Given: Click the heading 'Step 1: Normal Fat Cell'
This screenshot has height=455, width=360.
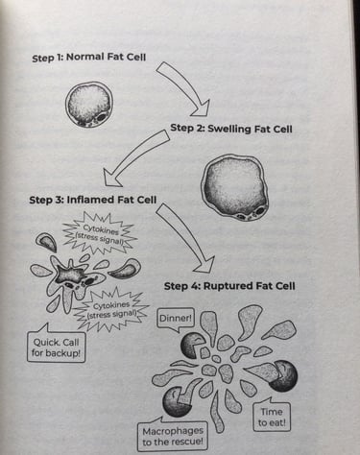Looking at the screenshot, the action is [x=89, y=58].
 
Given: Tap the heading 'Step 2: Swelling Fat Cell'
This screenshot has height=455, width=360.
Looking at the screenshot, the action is [x=231, y=129].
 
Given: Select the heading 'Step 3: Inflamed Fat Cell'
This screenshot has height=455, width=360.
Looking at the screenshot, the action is [x=93, y=200].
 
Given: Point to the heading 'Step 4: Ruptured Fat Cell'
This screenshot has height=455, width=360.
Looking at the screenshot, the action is [x=229, y=285].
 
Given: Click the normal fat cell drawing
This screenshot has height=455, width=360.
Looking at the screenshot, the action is [x=89, y=105].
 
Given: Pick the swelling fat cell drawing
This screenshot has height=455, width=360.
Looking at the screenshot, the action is [x=235, y=187].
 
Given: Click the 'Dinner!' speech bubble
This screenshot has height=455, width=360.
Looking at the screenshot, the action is [x=176, y=319].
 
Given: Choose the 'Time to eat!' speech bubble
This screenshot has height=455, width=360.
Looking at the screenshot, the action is [x=272, y=416].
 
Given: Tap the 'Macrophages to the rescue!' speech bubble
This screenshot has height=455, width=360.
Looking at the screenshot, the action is [x=173, y=436].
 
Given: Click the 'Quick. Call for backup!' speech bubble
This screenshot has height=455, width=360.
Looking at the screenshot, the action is [x=56, y=347].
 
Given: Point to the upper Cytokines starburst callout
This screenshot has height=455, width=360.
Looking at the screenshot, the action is [x=100, y=233].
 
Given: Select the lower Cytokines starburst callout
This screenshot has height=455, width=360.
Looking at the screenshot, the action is [x=110, y=310].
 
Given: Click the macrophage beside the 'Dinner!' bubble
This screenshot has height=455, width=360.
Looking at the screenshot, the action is [x=192, y=346].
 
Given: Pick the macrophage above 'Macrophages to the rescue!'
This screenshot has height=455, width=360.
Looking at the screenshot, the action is [x=176, y=402].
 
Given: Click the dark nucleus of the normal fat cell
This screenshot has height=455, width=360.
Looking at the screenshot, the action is [x=102, y=117].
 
